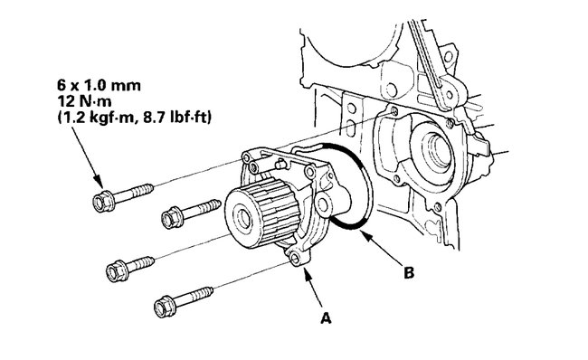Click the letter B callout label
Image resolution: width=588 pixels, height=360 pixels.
point(409,270)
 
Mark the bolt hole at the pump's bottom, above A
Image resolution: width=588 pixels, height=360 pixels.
point(295,261)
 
